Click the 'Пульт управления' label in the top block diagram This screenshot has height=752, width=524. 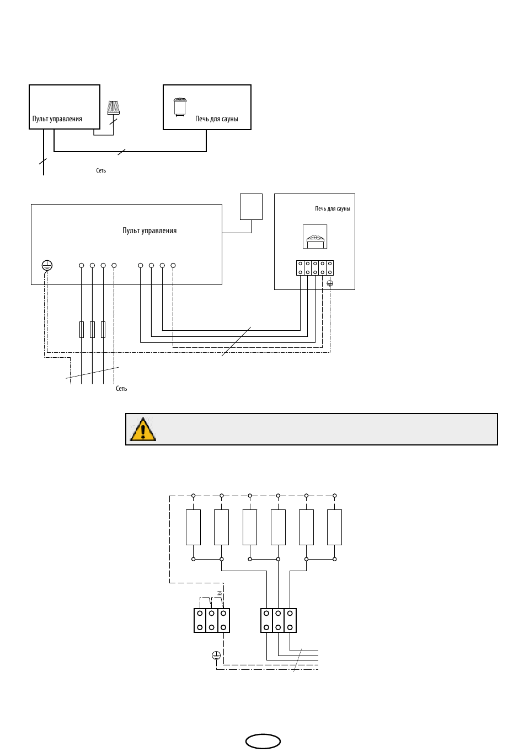[x=57, y=119]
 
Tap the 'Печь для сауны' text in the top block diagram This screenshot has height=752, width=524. [x=217, y=119]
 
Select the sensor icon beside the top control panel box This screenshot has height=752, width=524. [x=113, y=108]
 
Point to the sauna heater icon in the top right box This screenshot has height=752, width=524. [x=180, y=107]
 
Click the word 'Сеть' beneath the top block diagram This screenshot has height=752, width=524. [x=101, y=170]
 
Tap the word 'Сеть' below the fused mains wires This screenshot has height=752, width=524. [x=121, y=389]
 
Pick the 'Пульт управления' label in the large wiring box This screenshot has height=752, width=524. [x=149, y=230]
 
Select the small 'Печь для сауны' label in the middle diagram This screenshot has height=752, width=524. [x=333, y=208]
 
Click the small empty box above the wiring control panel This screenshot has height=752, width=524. [x=252, y=207]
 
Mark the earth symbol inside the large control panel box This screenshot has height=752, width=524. [x=47, y=266]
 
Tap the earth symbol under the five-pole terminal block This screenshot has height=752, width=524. [x=330, y=284]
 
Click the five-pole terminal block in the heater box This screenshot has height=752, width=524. [x=315, y=268]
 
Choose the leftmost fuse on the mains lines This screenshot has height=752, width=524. [x=81, y=329]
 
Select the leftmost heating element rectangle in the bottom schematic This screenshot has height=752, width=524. [x=193, y=527]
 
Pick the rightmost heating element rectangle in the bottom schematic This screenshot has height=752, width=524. [x=335, y=527]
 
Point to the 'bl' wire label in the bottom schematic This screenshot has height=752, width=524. [x=220, y=593]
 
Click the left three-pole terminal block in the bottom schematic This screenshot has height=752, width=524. [x=212, y=620]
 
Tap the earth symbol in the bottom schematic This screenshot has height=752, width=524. [x=216, y=655]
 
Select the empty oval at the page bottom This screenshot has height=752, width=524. [x=263, y=742]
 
